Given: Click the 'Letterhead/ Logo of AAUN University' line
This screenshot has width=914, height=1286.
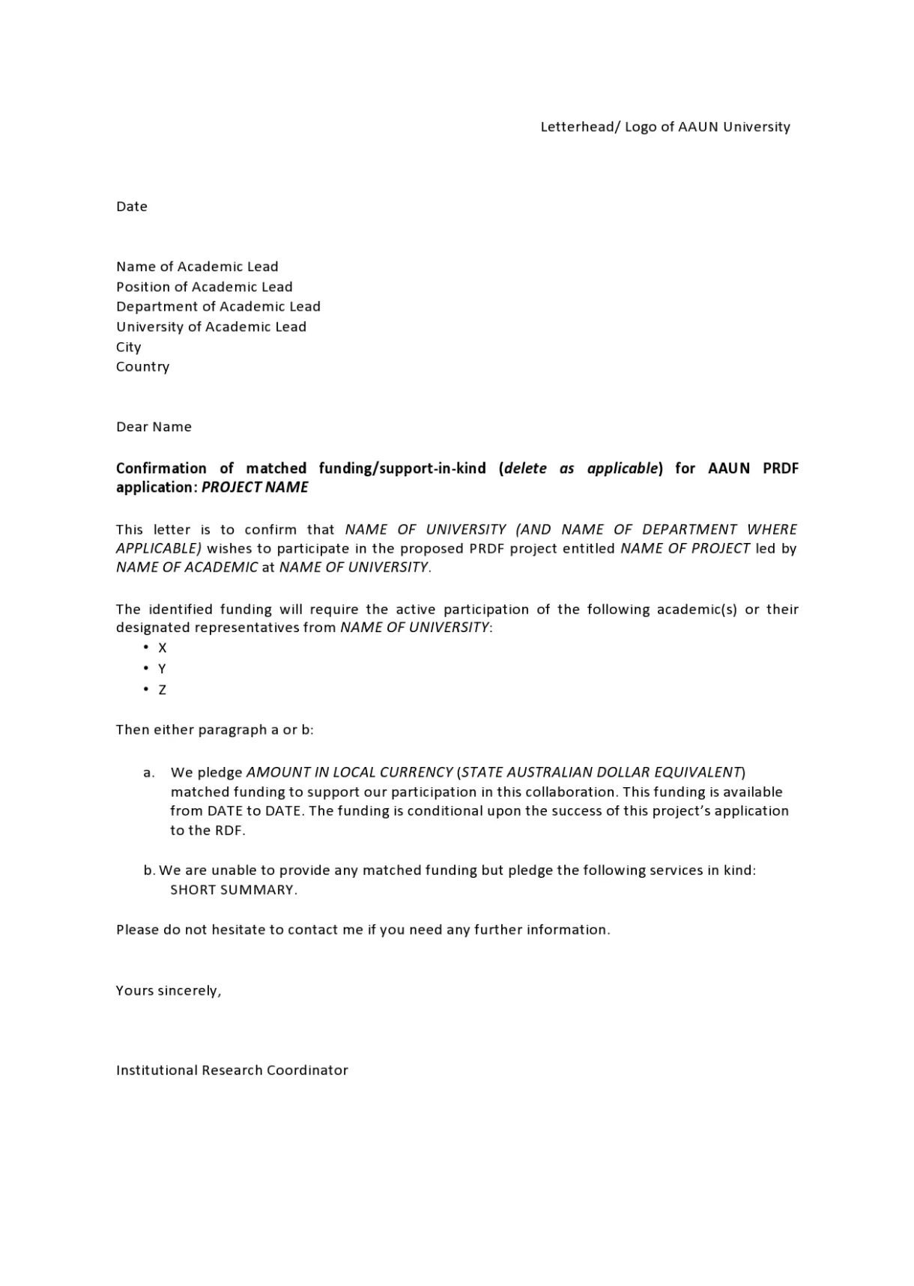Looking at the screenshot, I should (665, 127).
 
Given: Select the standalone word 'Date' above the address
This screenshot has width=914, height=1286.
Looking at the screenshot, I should (132, 207).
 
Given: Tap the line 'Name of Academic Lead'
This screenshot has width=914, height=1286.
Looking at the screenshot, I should (197, 267).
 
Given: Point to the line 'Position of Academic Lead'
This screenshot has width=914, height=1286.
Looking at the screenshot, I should (205, 287).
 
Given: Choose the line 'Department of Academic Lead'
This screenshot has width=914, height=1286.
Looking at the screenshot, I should (218, 306).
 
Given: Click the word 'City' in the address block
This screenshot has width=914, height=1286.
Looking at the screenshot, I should (129, 347).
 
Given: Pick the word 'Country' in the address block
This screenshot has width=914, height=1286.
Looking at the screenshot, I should (142, 367).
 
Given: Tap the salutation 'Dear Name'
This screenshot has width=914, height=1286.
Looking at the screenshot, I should (154, 427).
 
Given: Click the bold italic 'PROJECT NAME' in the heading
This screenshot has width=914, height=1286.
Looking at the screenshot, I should (255, 488).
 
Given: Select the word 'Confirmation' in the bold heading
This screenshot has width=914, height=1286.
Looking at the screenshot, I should (161, 468).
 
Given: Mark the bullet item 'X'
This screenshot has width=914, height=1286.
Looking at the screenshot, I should (163, 648).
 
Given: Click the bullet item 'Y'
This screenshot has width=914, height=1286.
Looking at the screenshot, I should (162, 669).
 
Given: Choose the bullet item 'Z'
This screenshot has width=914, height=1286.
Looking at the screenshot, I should (162, 690).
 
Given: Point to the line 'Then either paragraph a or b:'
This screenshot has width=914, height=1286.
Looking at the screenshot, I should (215, 730).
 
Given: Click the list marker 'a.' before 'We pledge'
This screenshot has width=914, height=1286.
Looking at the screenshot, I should (149, 772).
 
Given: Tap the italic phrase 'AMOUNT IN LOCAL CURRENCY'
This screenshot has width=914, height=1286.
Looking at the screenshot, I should (349, 772).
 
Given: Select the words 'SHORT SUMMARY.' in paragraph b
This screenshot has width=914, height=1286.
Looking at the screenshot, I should (234, 890).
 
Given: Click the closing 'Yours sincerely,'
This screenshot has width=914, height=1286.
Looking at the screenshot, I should (169, 991).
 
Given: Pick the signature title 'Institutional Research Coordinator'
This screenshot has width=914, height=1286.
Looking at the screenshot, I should (232, 1070).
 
